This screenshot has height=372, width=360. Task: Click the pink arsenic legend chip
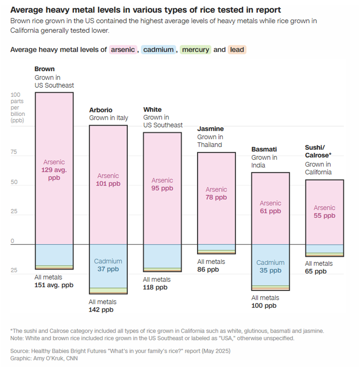pos(123,50)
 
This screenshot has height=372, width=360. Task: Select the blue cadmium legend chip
pos(158,50)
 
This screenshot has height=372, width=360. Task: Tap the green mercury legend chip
pos(195,50)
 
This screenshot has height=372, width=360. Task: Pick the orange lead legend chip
pos(237,50)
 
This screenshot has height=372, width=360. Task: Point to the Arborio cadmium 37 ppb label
pos(108,269)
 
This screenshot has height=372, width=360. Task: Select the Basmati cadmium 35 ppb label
pos(270,271)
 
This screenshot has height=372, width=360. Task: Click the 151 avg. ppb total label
pos(54,285)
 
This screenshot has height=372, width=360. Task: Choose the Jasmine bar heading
pos(210,129)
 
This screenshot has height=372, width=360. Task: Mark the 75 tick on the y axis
pos(14,151)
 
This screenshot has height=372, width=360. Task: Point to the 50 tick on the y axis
pos(14,182)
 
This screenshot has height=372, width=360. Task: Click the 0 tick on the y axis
pos(12,241)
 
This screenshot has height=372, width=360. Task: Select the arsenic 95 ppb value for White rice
pos(162,188)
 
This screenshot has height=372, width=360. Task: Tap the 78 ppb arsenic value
pos(216,197)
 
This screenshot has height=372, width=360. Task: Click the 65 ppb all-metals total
pos(316,271)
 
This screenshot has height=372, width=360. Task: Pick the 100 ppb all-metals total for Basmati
pos(264,306)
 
